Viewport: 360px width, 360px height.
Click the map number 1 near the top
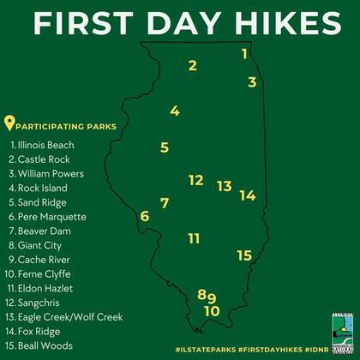coord(244,54)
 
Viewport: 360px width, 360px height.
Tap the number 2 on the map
coord(193,65)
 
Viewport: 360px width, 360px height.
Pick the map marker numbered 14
coord(248,195)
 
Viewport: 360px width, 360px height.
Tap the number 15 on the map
coord(244,255)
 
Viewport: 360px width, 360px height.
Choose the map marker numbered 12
coord(195,180)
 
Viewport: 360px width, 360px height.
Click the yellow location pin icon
coord(10,123)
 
